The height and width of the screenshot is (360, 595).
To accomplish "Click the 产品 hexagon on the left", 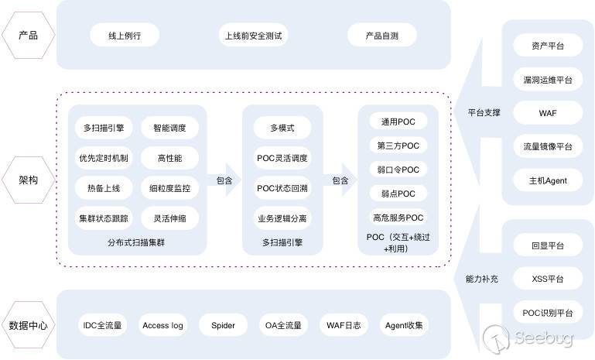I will pyautogui.click(x=28, y=36).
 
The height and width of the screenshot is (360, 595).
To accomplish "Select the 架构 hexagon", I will pyautogui.click(x=28, y=180).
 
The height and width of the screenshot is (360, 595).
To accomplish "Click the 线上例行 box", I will pyautogui.click(x=124, y=35).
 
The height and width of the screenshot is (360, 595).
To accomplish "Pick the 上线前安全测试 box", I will pyautogui.click(x=253, y=35).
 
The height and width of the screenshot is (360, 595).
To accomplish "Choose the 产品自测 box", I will pyautogui.click(x=381, y=35).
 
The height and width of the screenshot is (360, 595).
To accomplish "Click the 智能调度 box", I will pyautogui.click(x=169, y=127).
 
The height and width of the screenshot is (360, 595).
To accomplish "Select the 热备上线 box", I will pyautogui.click(x=104, y=187).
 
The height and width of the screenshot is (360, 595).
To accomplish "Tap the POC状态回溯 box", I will pyautogui.click(x=282, y=187).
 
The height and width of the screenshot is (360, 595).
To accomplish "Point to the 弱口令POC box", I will pyautogui.click(x=398, y=170).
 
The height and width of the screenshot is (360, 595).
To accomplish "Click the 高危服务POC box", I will pyautogui.click(x=398, y=218).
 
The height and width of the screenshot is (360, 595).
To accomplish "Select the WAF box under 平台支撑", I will pyautogui.click(x=548, y=113).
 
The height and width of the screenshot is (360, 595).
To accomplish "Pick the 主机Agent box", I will pyautogui.click(x=548, y=180).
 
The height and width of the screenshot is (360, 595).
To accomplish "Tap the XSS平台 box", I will pyautogui.click(x=548, y=279).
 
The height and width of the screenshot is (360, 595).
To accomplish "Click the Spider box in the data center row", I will pyautogui.click(x=223, y=325).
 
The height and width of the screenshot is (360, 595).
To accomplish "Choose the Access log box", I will pyautogui.click(x=162, y=325).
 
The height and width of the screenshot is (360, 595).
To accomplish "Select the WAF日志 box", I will pyautogui.click(x=344, y=325).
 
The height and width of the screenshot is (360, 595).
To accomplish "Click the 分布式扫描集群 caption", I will pyautogui.click(x=136, y=242).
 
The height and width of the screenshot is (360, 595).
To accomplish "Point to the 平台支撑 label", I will pyautogui.click(x=484, y=113).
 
